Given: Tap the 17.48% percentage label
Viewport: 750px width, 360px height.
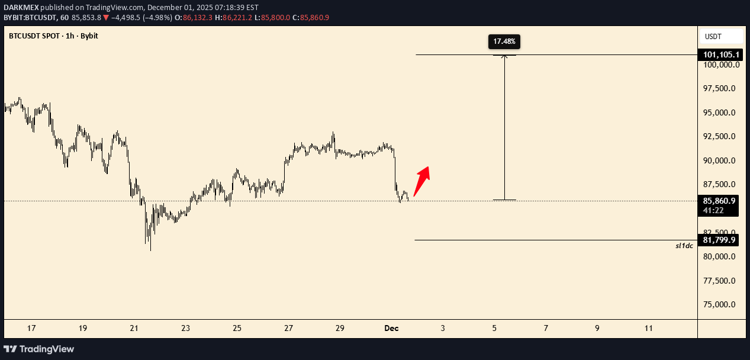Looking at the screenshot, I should (504, 41).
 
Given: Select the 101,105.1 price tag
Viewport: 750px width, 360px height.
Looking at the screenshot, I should (720, 55).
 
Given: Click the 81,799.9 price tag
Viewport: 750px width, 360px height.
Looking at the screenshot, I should (720, 240).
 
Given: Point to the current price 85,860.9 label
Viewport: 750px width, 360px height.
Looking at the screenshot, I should (720, 201).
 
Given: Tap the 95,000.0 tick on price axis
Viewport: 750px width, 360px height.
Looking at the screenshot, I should (720, 112).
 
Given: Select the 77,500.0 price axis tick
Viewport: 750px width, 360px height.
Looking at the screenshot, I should (720, 281).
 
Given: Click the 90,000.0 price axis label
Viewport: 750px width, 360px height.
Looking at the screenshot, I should (720, 160).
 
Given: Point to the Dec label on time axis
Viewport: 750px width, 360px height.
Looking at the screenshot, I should (391, 328).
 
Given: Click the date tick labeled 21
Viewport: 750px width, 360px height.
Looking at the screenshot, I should (134, 328).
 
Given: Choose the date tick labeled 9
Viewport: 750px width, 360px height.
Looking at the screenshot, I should (597, 328).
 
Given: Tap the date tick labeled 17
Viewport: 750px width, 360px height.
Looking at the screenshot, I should (31, 328).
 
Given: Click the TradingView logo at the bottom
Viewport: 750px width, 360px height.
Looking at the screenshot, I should (39, 349).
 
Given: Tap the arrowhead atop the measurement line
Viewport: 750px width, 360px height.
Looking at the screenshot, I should (504, 56).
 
